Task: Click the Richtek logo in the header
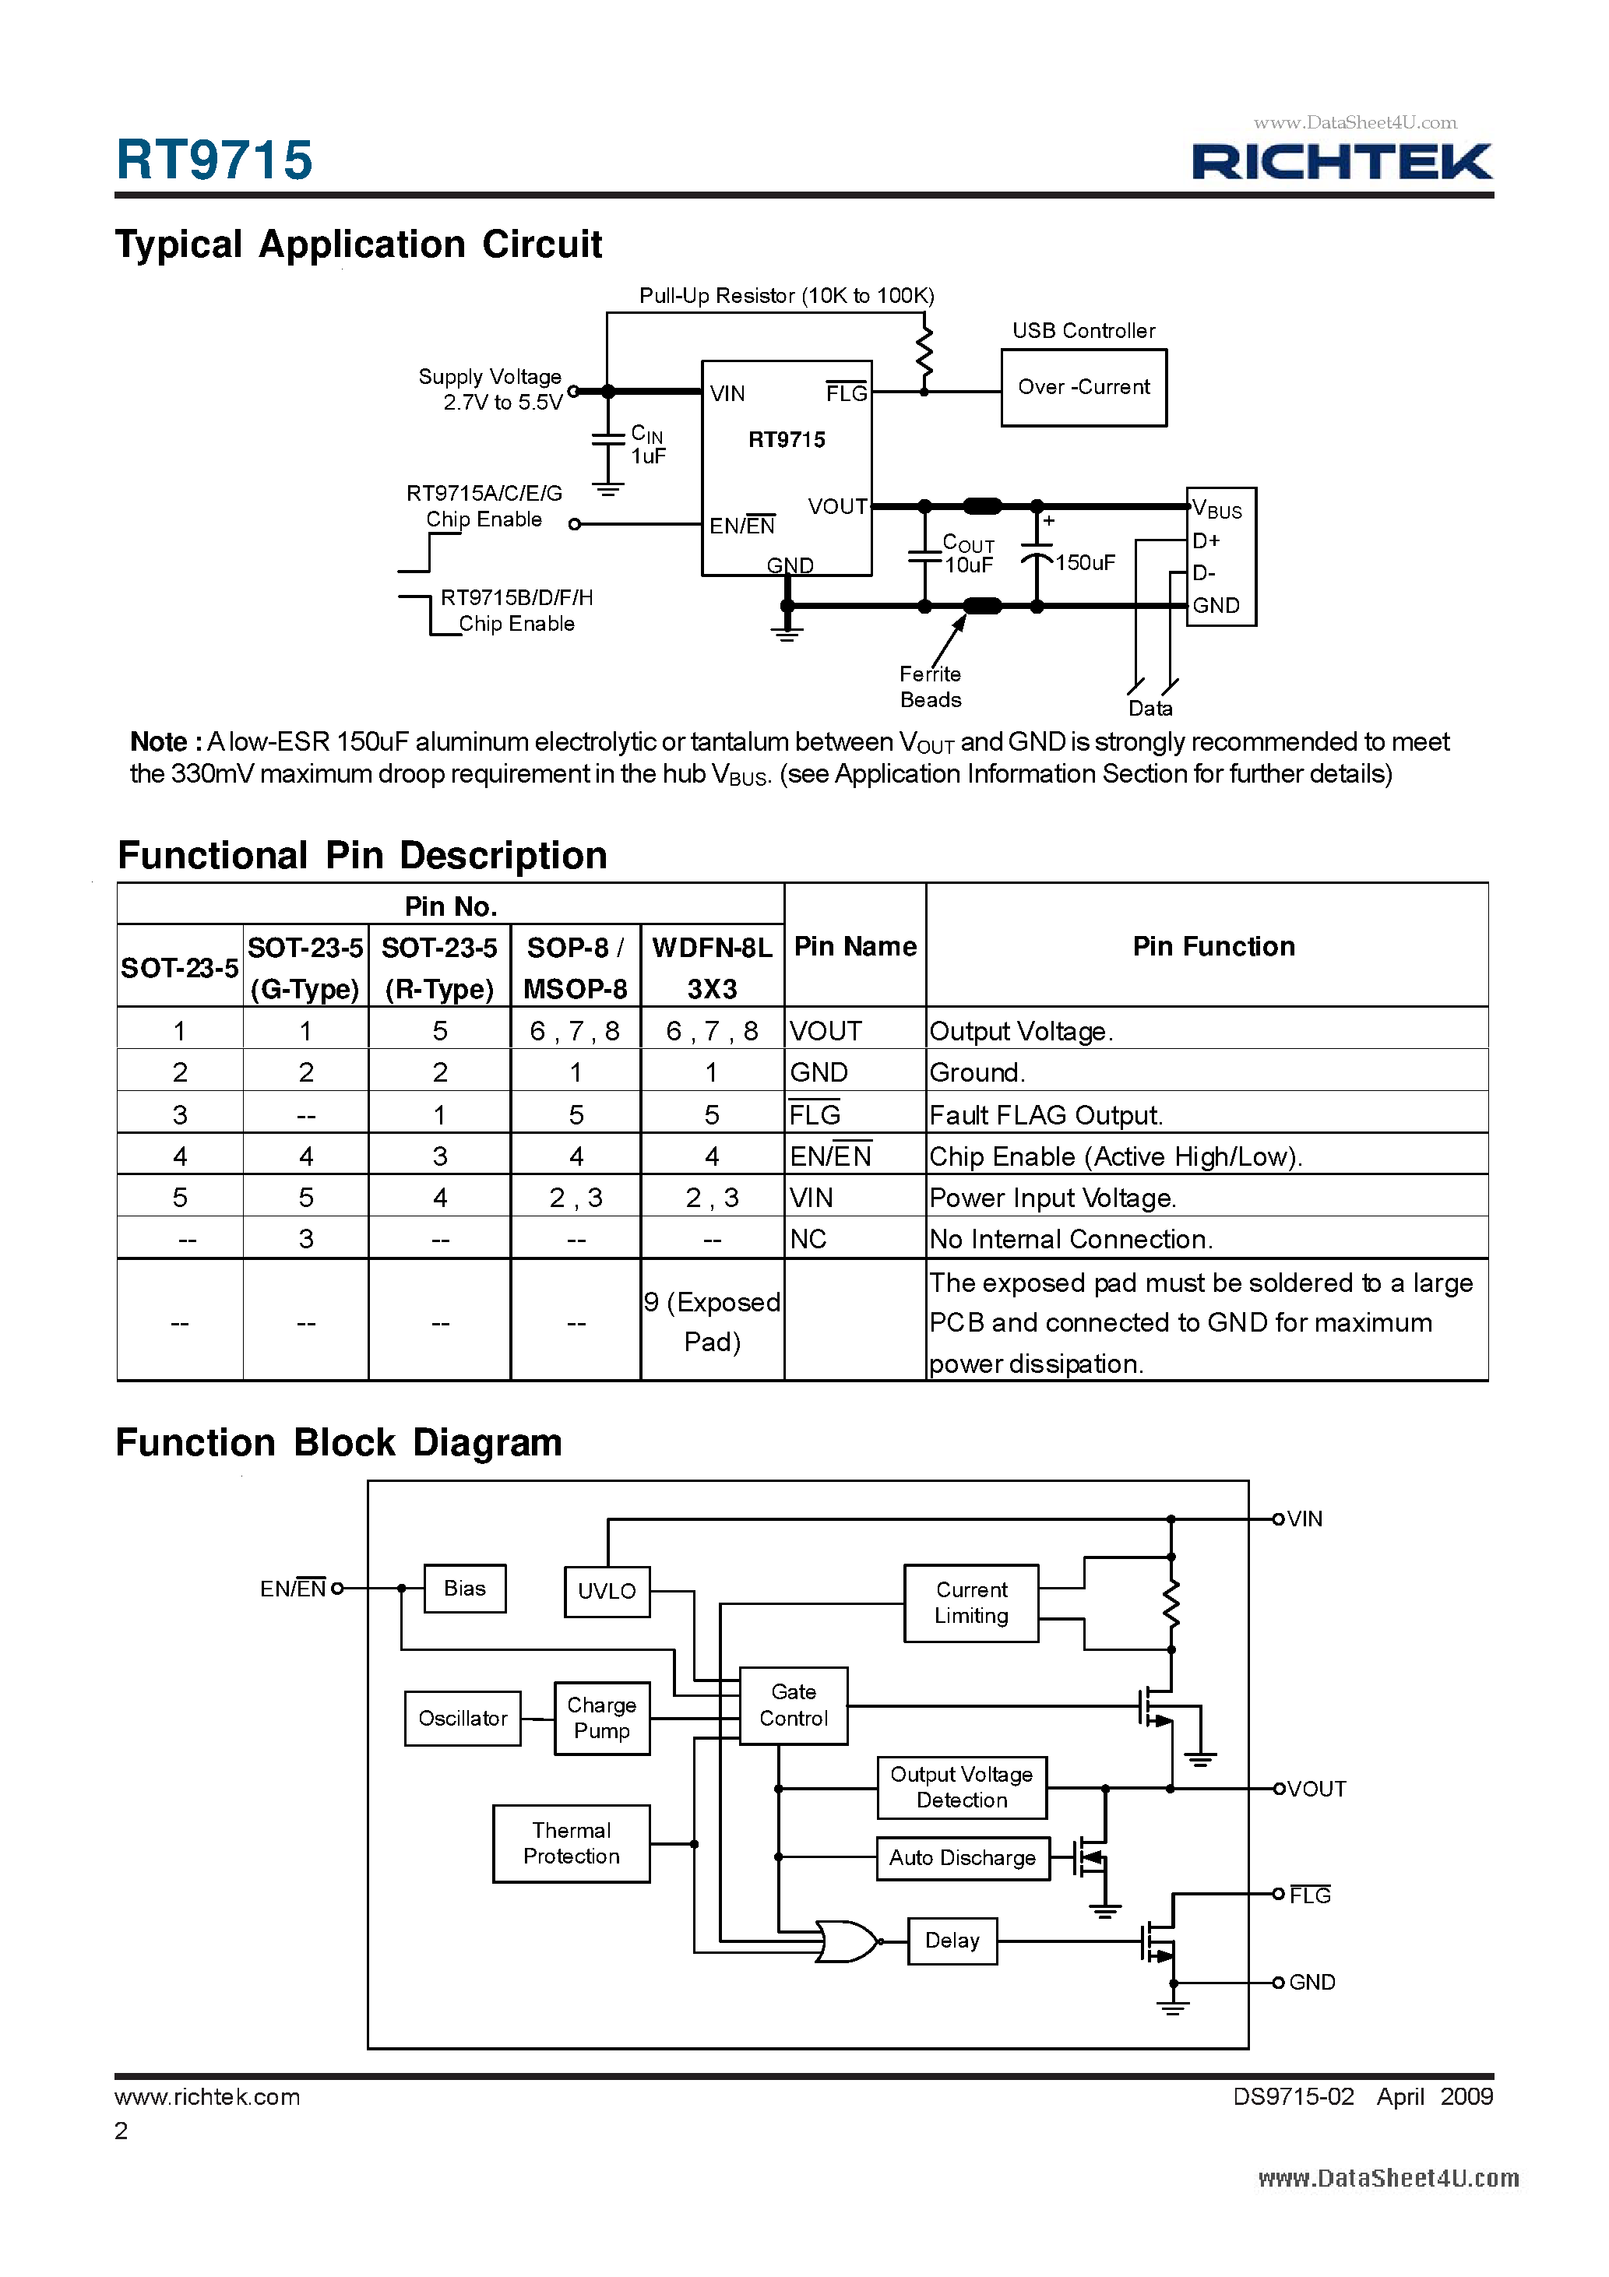1341,162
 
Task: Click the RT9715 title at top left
214,160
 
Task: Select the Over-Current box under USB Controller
1083,388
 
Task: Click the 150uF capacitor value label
1085,562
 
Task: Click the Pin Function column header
1213,946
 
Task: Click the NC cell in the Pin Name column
808,1239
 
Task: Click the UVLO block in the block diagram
607,1591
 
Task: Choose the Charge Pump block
601,1718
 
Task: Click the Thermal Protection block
572,1842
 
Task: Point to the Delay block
952,1940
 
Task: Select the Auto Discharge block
961,1857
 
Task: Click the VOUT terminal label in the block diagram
1315,1789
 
